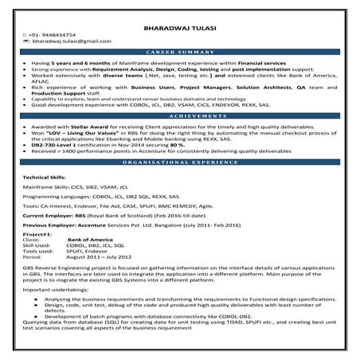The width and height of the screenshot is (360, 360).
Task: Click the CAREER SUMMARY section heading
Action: point(180,51)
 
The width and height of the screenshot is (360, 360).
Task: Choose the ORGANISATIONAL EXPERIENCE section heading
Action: point(180,162)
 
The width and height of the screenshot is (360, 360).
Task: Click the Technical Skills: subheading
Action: point(46,175)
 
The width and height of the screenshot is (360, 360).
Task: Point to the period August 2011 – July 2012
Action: point(99,257)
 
